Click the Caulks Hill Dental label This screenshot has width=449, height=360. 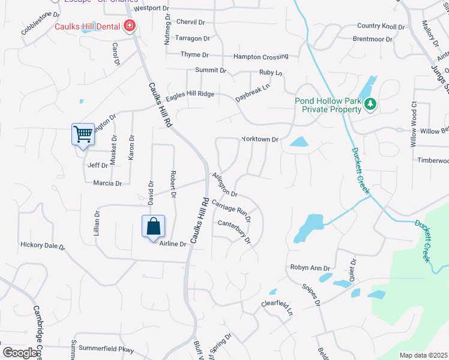88,27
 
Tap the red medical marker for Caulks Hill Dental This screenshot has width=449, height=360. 129,26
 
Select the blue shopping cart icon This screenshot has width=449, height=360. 83,134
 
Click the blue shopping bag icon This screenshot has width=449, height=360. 154,226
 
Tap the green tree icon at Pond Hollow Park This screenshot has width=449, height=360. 370,105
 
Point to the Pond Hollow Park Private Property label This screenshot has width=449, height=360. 328,105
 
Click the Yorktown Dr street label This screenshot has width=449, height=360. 260,139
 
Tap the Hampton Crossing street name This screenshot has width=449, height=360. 261,56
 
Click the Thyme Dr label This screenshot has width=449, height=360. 194,55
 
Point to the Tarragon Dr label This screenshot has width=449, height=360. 192,38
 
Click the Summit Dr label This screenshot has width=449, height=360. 211,70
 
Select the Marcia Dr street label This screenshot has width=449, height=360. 107,183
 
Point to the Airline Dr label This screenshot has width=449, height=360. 172,244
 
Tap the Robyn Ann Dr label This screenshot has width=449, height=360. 311,268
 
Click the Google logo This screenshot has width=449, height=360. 19,353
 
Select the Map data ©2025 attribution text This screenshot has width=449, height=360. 423,355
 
